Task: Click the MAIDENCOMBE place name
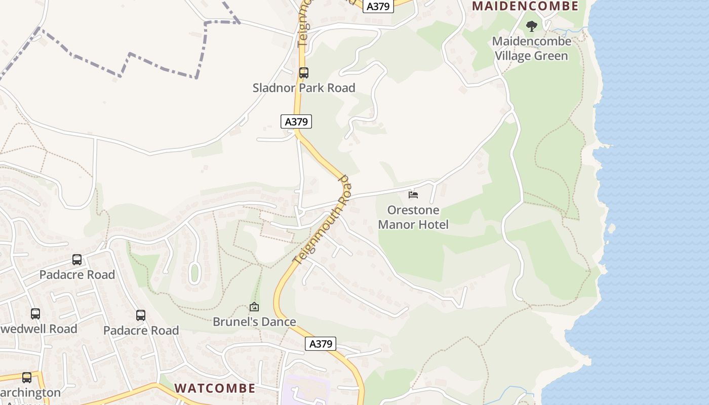point(525,6)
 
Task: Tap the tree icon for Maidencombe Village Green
point(531,26)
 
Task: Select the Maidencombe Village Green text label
point(531,48)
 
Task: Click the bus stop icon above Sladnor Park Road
point(304,72)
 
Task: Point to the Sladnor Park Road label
point(304,88)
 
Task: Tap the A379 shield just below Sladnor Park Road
point(296,121)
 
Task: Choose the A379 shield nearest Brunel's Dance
point(321,344)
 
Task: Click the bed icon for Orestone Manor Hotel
point(413,195)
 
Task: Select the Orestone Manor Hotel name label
point(413,217)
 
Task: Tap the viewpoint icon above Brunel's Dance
point(254,307)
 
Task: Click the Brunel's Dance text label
point(254,321)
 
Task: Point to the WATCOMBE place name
point(215,388)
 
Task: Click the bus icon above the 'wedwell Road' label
point(35,314)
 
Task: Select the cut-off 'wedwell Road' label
point(38,329)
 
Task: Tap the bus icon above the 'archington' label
point(27,378)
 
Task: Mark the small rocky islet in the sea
point(611,228)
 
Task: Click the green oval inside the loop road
point(194,273)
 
